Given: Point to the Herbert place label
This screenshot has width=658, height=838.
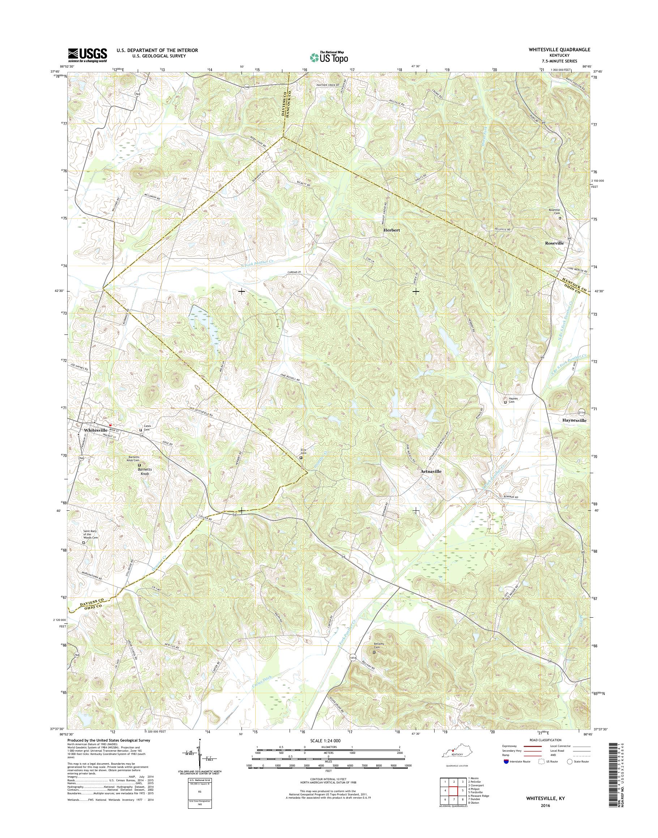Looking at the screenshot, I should click(392, 230).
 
